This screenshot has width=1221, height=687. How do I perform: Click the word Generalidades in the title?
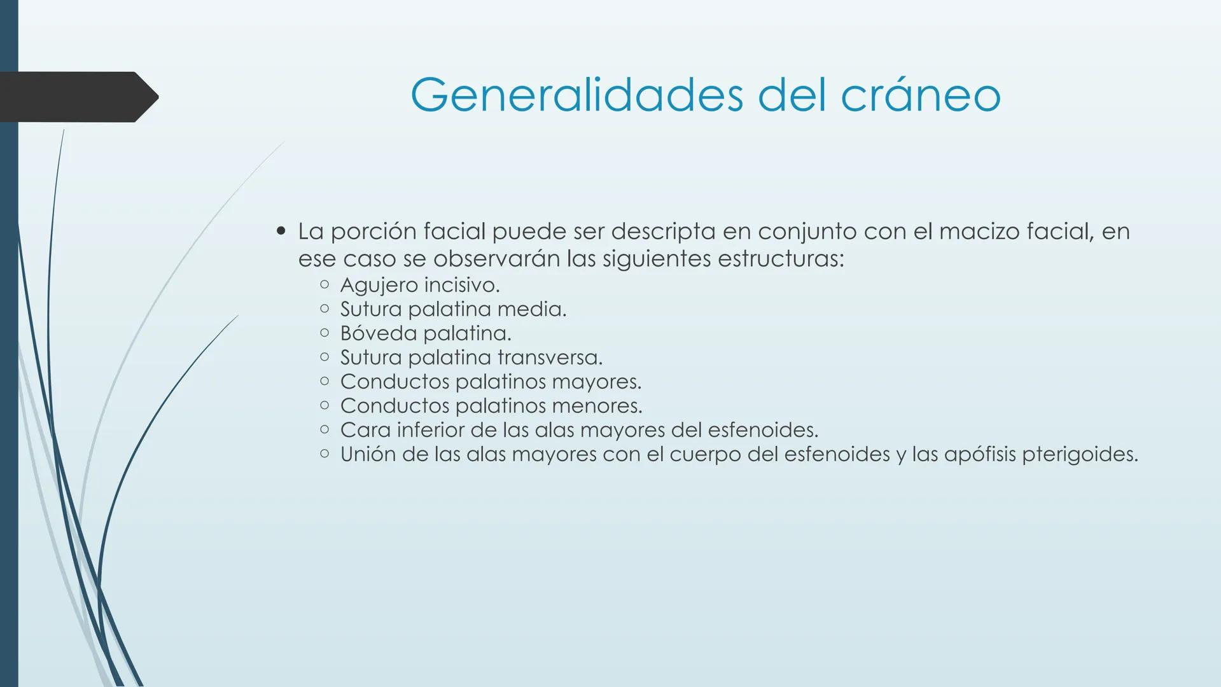click(576, 95)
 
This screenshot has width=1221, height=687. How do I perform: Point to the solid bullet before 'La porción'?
click(281, 231)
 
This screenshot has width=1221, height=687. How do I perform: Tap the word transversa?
click(549, 357)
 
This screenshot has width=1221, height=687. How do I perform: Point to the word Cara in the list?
click(365, 430)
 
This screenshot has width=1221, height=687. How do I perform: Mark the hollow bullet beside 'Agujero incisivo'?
click(324, 285)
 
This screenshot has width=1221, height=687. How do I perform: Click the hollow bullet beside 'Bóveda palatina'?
click(324, 333)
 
